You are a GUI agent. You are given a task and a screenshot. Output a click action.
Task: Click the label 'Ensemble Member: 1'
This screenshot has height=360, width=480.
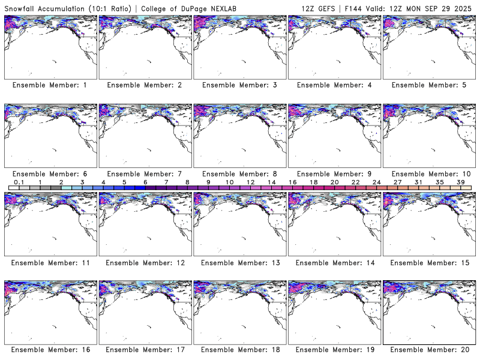tap(50, 85)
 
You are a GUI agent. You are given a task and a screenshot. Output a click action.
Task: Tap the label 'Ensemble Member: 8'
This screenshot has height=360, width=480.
tap(239, 173)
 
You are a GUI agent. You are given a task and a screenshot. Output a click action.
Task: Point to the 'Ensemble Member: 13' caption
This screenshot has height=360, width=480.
tap(239, 262)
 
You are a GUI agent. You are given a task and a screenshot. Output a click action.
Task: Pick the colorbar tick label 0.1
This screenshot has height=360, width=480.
tap(19, 182)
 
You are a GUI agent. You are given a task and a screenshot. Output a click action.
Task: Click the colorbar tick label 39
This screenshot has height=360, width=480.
tap(460, 182)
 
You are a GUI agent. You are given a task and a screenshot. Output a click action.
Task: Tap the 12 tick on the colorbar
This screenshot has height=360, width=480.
tap(250, 182)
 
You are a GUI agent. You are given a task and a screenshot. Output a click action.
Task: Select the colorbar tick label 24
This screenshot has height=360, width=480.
tap(376, 182)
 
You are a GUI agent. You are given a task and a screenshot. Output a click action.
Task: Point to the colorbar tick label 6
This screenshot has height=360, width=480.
tap(145, 182)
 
